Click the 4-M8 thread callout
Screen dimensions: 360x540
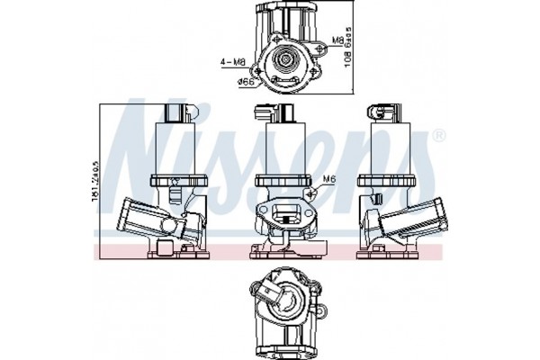232,61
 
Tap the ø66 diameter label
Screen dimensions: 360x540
244,83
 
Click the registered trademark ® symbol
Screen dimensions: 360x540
438,136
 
